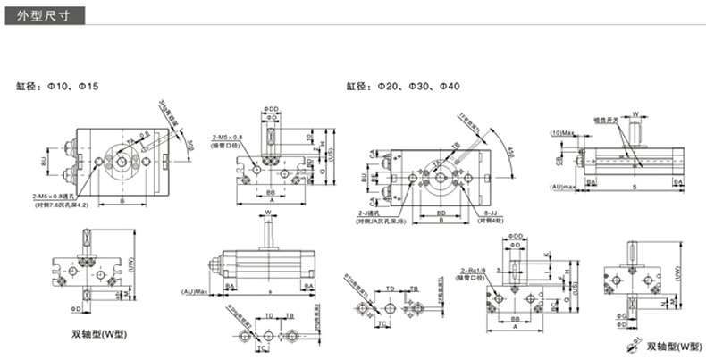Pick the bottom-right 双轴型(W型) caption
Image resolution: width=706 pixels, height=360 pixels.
pos(675,346)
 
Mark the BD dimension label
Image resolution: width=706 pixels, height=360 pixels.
pos(441,213)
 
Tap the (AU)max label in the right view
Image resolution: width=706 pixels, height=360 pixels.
pos(564,186)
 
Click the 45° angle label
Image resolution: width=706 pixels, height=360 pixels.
pos(510,149)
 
